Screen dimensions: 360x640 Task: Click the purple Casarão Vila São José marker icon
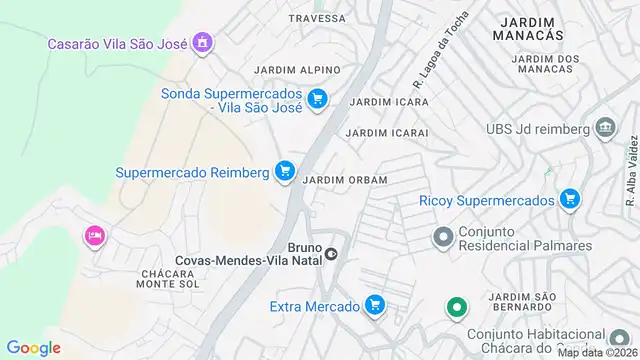[203, 43]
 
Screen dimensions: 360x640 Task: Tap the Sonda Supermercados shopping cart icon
[317, 98]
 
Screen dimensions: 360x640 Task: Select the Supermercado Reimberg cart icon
[285, 171]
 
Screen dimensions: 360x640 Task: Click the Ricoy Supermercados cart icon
[570, 199]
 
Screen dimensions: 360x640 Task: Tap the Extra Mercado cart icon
[375, 304]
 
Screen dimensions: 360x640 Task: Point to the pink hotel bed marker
[95, 236]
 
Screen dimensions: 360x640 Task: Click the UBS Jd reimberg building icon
[604, 128]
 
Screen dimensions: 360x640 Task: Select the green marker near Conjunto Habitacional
[456, 307]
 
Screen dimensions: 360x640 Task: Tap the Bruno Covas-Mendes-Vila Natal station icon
[331, 252]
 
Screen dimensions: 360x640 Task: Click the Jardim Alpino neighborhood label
[297, 70]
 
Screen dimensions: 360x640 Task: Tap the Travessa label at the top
[317, 18]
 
